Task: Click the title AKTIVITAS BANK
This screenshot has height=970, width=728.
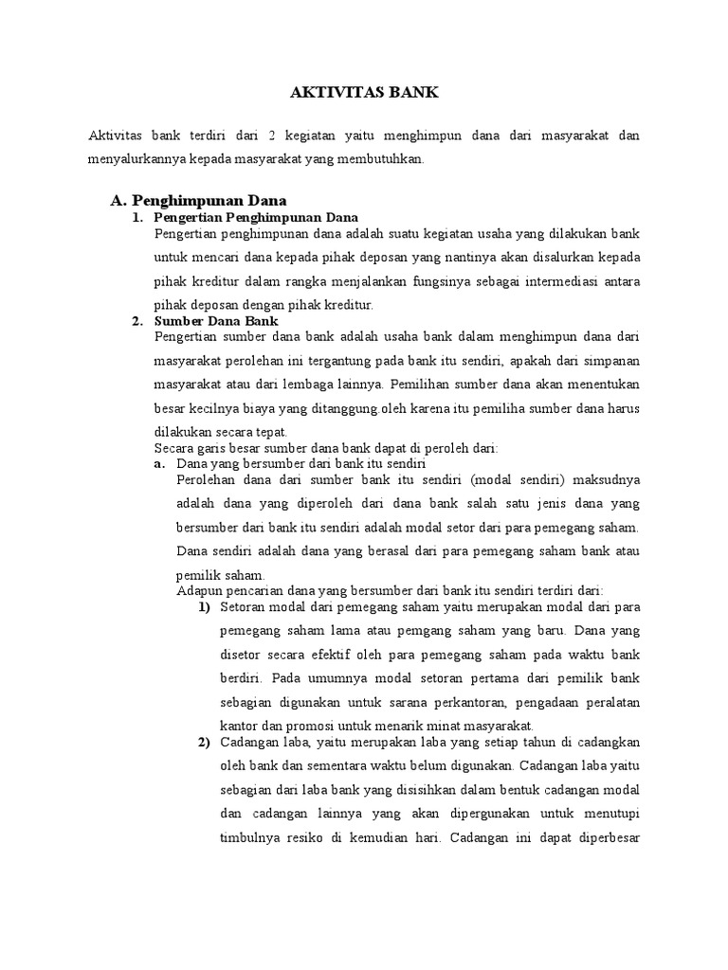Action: (364, 94)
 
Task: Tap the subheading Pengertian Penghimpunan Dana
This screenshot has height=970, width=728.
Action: (255, 219)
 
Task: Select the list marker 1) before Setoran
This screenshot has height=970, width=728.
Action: (205, 606)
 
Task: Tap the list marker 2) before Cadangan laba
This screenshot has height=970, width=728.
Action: (205, 742)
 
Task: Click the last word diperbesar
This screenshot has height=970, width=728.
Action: (609, 838)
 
